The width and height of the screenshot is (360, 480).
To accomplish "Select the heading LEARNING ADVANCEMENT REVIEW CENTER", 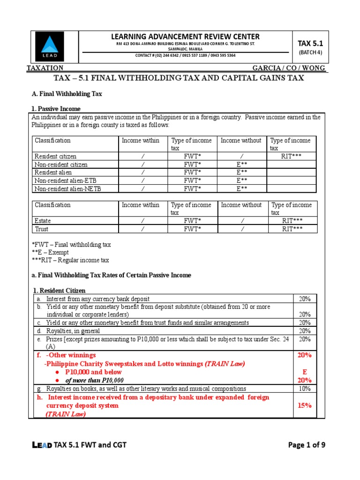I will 185,37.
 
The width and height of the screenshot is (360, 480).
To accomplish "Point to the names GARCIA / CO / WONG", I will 288,68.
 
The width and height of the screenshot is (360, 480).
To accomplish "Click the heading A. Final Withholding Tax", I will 66,94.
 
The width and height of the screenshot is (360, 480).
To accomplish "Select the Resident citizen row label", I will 55,156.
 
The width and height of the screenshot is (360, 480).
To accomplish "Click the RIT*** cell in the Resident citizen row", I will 292,156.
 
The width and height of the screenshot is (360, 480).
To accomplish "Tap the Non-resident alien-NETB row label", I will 67,188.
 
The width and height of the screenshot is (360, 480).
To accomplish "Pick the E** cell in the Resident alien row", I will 241,172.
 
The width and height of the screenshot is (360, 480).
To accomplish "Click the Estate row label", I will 43,220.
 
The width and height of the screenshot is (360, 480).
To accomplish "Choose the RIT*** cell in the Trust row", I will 292,229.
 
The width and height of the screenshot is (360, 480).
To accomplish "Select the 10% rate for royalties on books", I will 305,388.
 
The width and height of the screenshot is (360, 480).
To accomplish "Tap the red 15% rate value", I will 305,405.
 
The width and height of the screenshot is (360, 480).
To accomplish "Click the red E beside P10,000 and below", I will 305,372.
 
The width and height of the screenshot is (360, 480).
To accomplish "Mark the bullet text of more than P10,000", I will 94,380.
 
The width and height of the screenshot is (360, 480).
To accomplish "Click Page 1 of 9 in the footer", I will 307,445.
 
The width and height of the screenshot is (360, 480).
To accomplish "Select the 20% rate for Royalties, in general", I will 305,331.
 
